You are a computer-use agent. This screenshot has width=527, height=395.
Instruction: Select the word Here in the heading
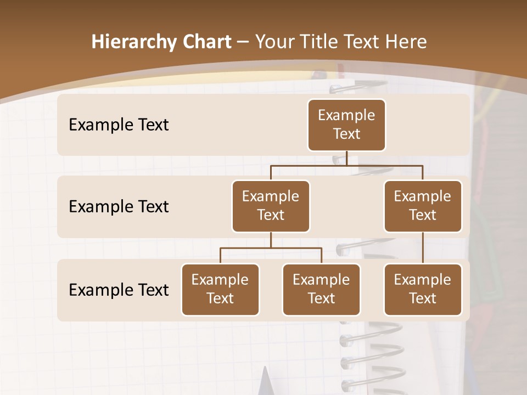pyautogui.click(x=405, y=42)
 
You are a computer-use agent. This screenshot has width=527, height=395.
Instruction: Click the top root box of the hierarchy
pyautogui.click(x=346, y=125)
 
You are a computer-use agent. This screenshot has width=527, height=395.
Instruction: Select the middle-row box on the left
pyautogui.click(x=271, y=206)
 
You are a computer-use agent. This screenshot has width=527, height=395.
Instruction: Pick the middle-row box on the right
pyautogui.click(x=423, y=206)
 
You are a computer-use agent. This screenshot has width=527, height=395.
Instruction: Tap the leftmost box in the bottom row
pyautogui.click(x=220, y=290)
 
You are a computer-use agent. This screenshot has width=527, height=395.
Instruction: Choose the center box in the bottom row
pyautogui.click(x=321, y=290)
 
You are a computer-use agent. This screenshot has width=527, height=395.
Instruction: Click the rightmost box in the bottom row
pyautogui.click(x=423, y=290)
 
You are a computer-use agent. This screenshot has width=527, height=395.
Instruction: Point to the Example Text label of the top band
pyautogui.click(x=119, y=125)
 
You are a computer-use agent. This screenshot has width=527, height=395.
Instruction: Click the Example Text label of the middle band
pyautogui.click(x=119, y=207)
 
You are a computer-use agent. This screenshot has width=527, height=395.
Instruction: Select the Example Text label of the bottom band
pyautogui.click(x=119, y=290)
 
